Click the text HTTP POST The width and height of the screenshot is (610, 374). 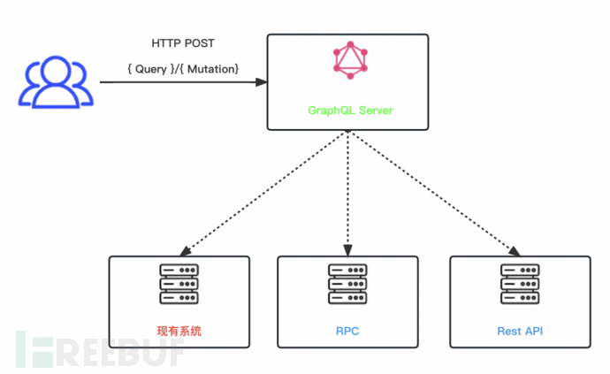pyautogui.click(x=183, y=43)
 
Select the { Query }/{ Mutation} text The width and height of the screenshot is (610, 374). pyautogui.click(x=183, y=68)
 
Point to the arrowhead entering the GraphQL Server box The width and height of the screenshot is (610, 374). pyautogui.click(x=263, y=82)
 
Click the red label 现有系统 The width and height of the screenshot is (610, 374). pyautogui.click(x=179, y=332)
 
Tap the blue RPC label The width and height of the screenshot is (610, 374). pyautogui.click(x=347, y=332)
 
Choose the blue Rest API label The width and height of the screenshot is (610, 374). pyautogui.click(x=520, y=332)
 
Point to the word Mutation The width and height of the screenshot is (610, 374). pyautogui.click(x=210, y=68)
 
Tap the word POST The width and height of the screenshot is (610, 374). pyautogui.click(x=201, y=43)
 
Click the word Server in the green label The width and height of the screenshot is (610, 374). pyautogui.click(x=373, y=111)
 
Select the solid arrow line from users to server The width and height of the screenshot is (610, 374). pyautogui.click(x=177, y=82)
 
